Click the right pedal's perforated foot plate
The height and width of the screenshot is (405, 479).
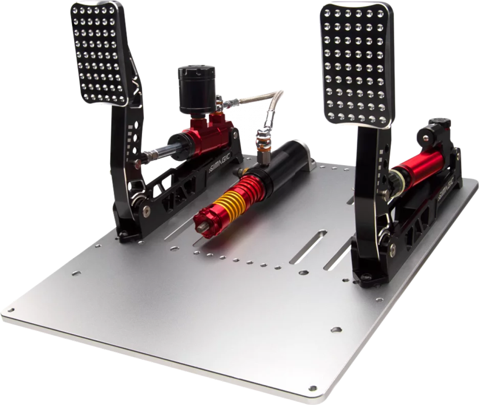[355, 64]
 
